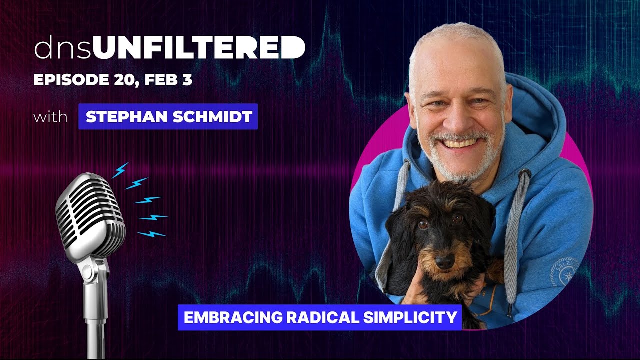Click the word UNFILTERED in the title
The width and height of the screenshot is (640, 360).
199,48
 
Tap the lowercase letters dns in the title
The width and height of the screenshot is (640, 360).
63,48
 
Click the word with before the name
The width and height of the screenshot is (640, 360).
50,117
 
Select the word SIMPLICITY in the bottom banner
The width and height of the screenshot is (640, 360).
403,317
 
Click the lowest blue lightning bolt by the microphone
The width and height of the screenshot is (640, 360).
151,234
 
